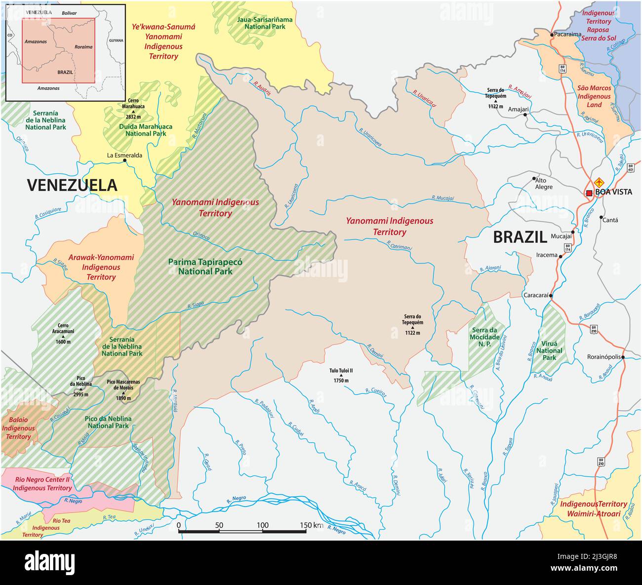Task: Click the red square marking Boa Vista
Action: [x=589, y=193]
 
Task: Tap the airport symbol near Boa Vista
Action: [x=599, y=182]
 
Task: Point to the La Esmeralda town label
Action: [x=124, y=155]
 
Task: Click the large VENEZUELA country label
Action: [x=72, y=185]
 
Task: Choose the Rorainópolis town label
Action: [x=603, y=357]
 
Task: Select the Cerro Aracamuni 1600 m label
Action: [x=63, y=333]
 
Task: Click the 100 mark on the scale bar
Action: [x=263, y=525]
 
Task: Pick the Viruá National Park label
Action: [x=549, y=351]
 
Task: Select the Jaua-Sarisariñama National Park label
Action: [x=265, y=23]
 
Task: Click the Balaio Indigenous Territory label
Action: [x=18, y=428]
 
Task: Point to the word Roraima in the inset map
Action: [x=83, y=47]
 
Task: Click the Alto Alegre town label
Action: [x=544, y=184]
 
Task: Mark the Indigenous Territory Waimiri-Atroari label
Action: [x=593, y=508]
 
